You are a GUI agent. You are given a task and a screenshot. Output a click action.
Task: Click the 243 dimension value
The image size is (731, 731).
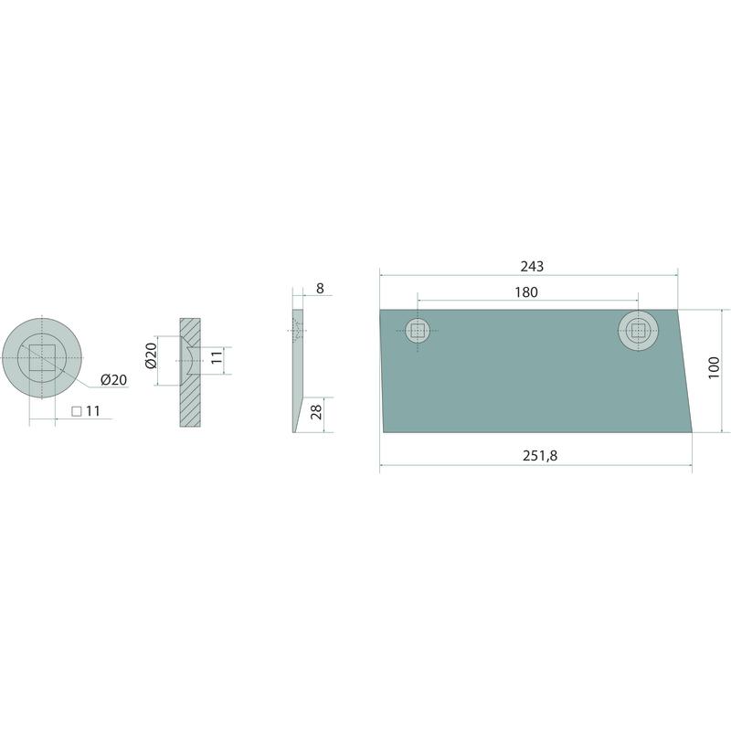[x=532, y=266]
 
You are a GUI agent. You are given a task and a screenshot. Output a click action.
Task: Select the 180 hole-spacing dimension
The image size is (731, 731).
[x=526, y=292]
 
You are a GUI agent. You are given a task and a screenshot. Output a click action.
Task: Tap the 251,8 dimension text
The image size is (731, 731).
[x=540, y=455]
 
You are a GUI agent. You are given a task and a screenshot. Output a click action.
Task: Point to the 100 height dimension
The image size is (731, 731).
[x=714, y=368]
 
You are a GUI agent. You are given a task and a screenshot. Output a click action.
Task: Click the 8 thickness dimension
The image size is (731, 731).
[x=320, y=289]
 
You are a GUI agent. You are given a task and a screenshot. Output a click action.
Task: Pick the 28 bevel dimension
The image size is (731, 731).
[x=316, y=412]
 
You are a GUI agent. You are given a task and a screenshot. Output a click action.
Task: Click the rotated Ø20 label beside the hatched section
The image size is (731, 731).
[x=151, y=355]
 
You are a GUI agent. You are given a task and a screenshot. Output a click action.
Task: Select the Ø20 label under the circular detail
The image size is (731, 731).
[x=113, y=380]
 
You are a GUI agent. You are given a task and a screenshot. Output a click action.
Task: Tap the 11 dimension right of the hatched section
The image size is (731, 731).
[x=217, y=358]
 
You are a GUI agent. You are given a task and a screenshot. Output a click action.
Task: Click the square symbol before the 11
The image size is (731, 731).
[x=77, y=412]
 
